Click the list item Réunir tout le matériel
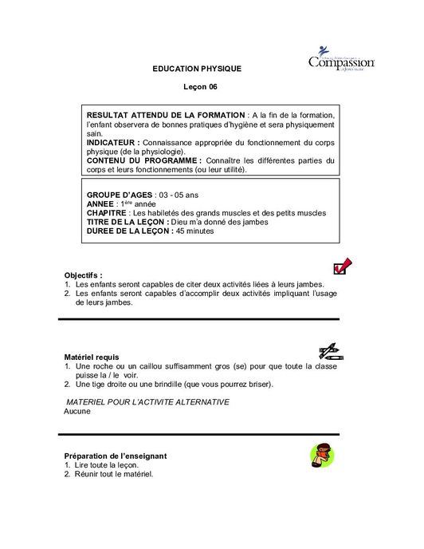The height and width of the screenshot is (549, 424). [112, 475]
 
